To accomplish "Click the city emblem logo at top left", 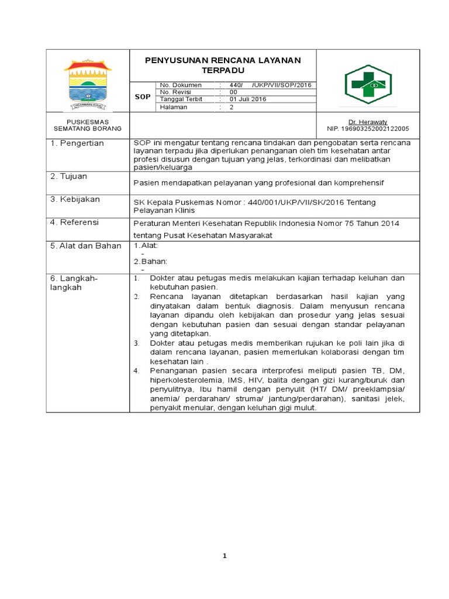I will [x=88, y=84].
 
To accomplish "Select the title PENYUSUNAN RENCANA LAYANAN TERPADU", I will [x=222, y=64].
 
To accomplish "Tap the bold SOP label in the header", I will [x=143, y=96].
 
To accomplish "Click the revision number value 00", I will [x=233, y=92].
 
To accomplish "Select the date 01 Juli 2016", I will [x=248, y=99].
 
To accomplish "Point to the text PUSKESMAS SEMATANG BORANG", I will [x=87, y=125].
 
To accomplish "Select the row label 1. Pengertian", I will [x=77, y=143].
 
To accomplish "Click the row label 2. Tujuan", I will [x=70, y=177].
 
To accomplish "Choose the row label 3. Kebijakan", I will [x=75, y=199].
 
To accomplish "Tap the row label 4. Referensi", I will [x=75, y=222].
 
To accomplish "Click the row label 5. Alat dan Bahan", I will [x=84, y=246].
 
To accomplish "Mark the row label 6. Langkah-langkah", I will [x=74, y=283].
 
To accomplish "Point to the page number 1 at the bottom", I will [x=224, y=556].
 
